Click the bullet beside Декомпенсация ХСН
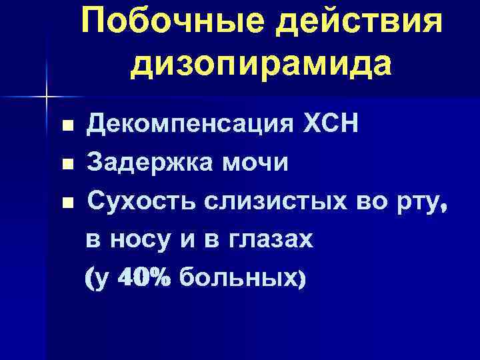pyautogui.click(x=65, y=125)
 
